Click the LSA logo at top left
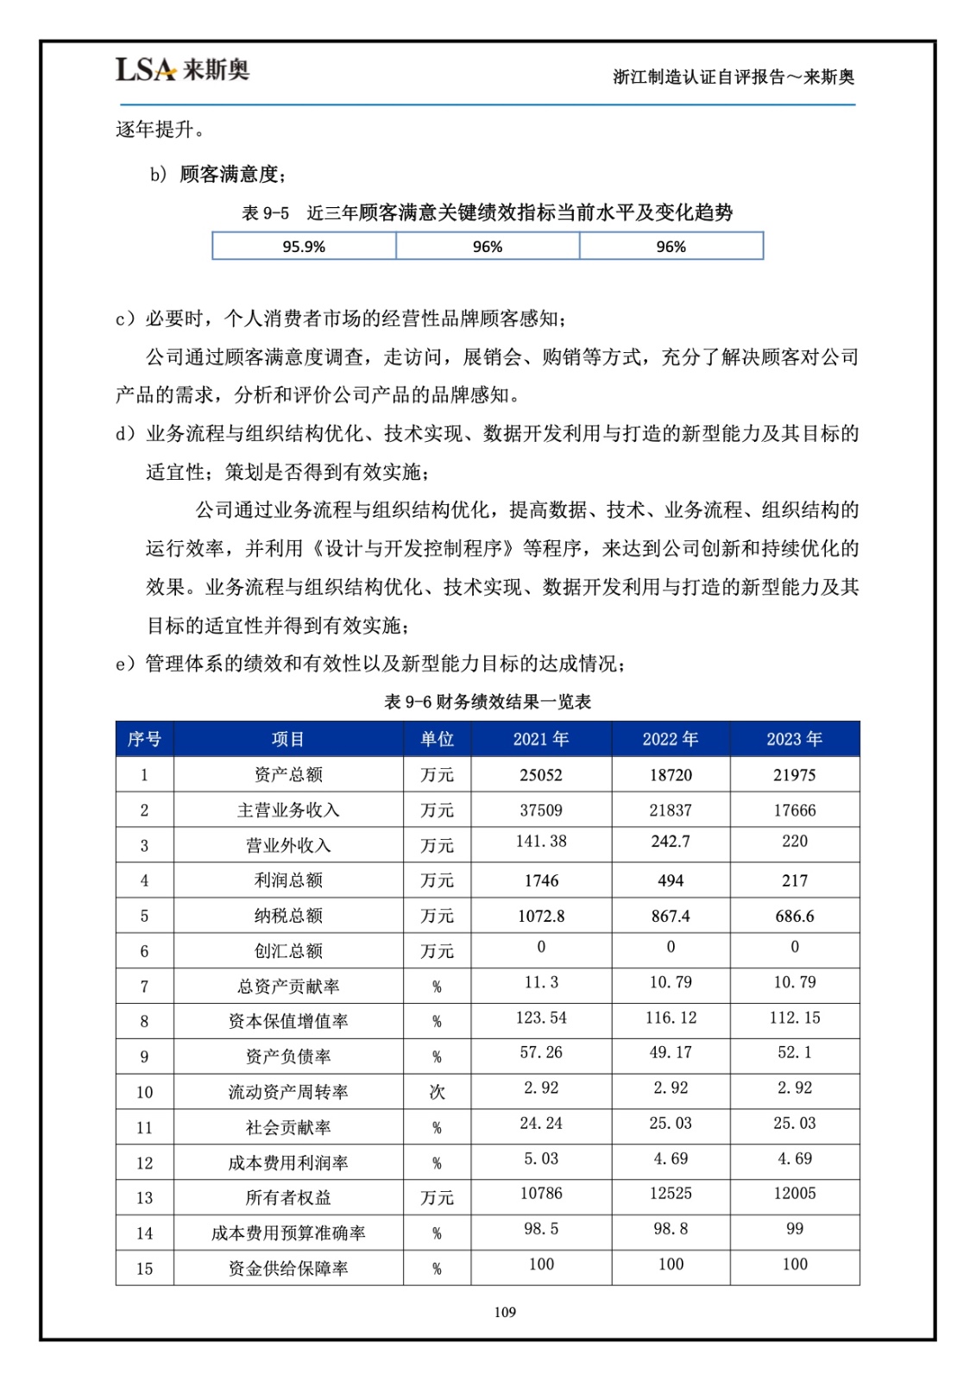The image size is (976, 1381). (x=182, y=69)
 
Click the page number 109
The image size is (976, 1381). (x=505, y=1312)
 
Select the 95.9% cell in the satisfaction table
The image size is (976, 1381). (x=304, y=247)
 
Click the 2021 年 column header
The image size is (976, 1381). (x=541, y=739)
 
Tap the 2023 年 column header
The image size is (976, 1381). (x=794, y=739)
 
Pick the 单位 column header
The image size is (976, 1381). (x=437, y=739)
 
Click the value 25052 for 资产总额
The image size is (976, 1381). (x=541, y=775)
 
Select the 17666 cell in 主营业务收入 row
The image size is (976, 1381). (x=794, y=810)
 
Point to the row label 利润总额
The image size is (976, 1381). (x=288, y=880)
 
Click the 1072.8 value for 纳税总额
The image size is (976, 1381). (x=541, y=916)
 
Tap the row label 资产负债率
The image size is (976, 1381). (x=288, y=1056)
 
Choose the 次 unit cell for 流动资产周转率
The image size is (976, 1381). (x=437, y=1092)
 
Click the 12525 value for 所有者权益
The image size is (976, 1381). (x=671, y=1194)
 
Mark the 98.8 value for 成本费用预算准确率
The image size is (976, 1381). (x=671, y=1229)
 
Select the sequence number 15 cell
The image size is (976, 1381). (x=144, y=1269)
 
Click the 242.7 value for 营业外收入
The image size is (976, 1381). (x=671, y=842)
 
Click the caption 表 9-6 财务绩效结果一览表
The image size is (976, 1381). (x=488, y=702)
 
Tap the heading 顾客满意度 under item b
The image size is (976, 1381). (x=230, y=174)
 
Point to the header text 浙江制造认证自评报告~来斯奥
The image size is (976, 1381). (x=734, y=77)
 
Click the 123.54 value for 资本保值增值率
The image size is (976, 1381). (x=541, y=1018)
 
